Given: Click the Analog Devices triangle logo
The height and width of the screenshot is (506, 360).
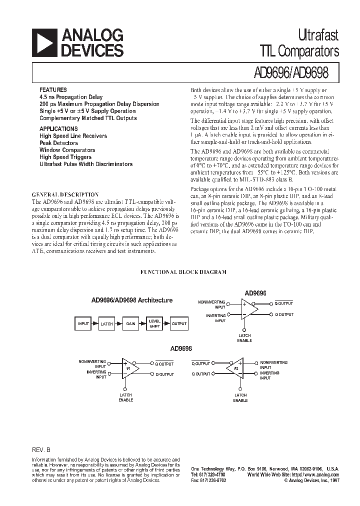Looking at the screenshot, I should point(44,42).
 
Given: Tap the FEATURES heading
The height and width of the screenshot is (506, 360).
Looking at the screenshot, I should point(53,89).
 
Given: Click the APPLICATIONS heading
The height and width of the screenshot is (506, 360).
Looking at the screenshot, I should point(58,128).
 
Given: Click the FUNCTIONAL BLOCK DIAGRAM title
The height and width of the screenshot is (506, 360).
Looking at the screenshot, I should point(183,272).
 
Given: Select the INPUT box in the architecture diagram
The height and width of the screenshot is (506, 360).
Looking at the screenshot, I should point(83,323).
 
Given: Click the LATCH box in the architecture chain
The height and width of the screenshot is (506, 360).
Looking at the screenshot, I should point(106,323).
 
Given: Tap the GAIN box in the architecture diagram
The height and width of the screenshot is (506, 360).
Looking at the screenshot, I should point(130,323).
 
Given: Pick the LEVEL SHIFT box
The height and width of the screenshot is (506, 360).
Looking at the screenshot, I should point(154,323).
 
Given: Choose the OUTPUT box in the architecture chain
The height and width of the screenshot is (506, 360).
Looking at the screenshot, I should point(178,323).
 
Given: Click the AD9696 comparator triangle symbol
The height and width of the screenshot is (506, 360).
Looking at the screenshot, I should point(248,309).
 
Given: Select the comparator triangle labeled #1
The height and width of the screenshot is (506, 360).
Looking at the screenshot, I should point(130,368).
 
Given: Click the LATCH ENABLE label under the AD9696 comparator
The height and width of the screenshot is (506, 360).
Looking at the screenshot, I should point(245,338).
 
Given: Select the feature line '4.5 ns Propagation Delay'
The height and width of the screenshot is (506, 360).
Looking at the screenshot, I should point(71,97).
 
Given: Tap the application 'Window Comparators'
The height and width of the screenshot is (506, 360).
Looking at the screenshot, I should point(67,150).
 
